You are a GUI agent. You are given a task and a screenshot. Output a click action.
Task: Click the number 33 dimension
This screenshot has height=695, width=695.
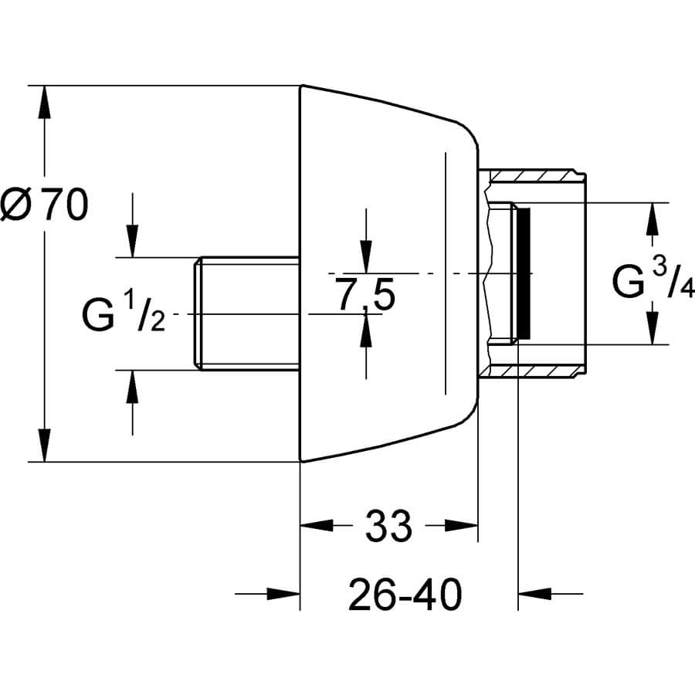coord(388,528)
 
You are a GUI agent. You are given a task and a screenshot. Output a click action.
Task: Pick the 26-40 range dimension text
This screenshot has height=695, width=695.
coord(405,595)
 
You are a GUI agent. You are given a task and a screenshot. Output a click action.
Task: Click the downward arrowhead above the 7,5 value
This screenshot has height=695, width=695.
coord(365,256)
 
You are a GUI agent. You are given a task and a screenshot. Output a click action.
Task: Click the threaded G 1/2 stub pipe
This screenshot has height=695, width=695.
coord(246,314)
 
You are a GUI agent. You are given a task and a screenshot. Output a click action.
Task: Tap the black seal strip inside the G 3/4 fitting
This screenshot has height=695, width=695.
coord(524,274)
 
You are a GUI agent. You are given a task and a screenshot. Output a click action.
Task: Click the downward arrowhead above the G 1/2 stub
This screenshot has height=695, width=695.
coord(132,240)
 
